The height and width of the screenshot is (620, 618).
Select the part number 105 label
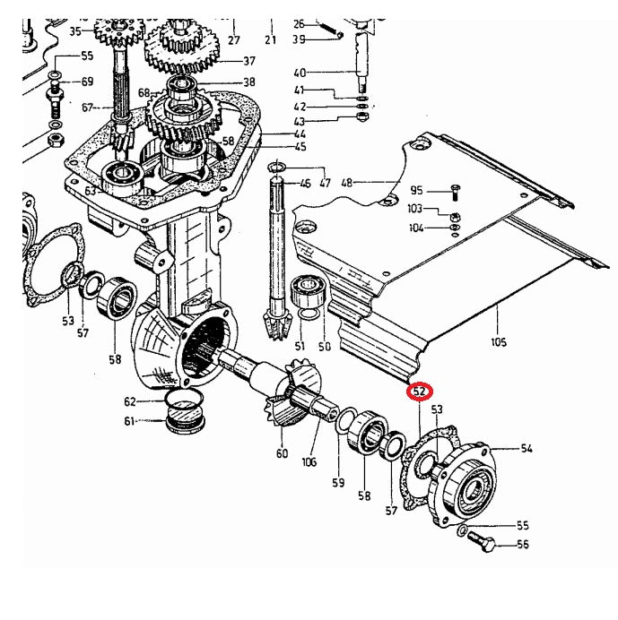[x=499, y=341]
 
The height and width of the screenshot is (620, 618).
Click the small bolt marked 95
[x=456, y=191]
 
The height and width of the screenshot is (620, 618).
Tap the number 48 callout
[x=348, y=183]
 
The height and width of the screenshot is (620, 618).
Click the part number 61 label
[x=130, y=422]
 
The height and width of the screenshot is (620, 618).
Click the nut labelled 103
[x=455, y=217]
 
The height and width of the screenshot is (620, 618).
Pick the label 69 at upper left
[x=87, y=82]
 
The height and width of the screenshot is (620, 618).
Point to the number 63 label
[x=90, y=191]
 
